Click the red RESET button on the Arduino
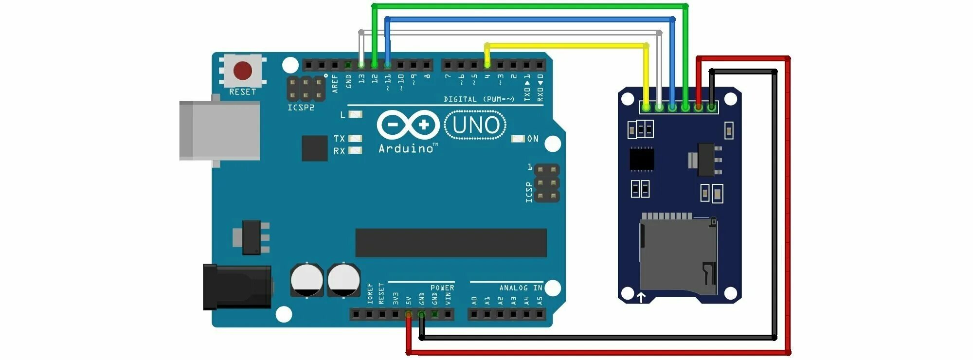[x=242, y=71]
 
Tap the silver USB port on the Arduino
[x=219, y=130]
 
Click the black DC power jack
[x=237, y=287]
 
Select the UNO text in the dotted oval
[x=475, y=126]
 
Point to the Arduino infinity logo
[x=408, y=125]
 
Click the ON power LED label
[x=533, y=139]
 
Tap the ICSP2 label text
[x=301, y=108]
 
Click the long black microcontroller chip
[x=451, y=243]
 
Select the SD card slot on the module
[x=678, y=255]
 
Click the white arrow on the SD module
[x=641, y=297]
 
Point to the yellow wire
[x=564, y=46]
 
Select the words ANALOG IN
[x=521, y=288]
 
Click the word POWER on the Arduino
[x=442, y=288]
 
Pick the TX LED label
[x=339, y=139]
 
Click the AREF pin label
[x=335, y=83]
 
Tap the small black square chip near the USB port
[x=314, y=148]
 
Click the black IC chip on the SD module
[x=642, y=159]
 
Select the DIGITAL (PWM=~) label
[x=479, y=99]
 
